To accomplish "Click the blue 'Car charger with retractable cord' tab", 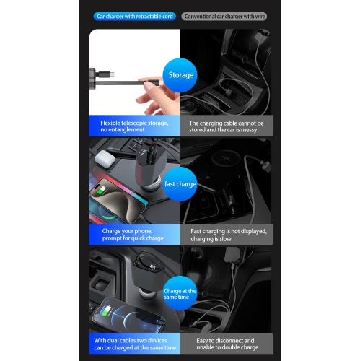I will click(x=135, y=16).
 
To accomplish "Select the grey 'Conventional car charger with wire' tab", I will click(x=224, y=16).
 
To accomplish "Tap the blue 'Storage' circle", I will click(x=180, y=74).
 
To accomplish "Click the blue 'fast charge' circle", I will click(x=180, y=183).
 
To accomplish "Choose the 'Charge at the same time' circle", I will click(x=180, y=293).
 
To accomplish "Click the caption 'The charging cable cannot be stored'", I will click(x=226, y=126).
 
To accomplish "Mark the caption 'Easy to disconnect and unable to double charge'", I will click(x=226, y=344).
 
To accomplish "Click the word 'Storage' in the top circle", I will click(x=180, y=74).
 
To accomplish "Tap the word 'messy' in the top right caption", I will click(x=249, y=131).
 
